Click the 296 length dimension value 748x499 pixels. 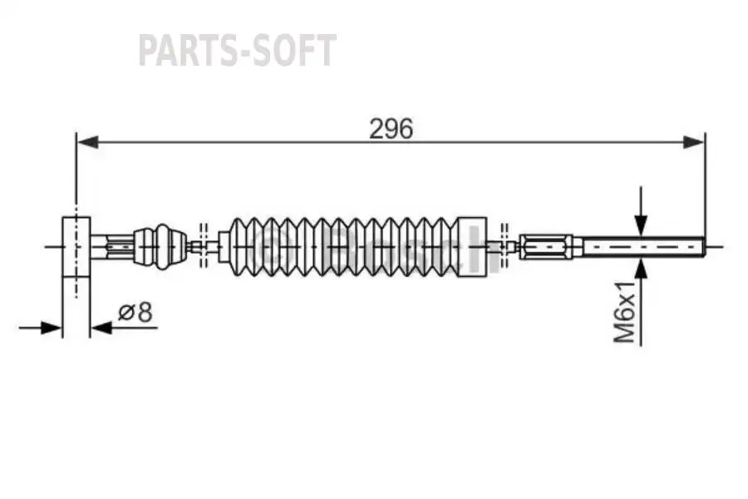coord(391,129)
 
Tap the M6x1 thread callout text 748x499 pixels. coord(625,312)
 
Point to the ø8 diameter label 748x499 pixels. coord(136,313)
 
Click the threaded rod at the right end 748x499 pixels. coord(640,246)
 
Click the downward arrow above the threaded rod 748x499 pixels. coord(641,223)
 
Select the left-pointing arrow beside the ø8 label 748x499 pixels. coord(101,329)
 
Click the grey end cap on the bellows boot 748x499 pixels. coord(472,246)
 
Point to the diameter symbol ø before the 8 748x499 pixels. coord(127,313)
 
